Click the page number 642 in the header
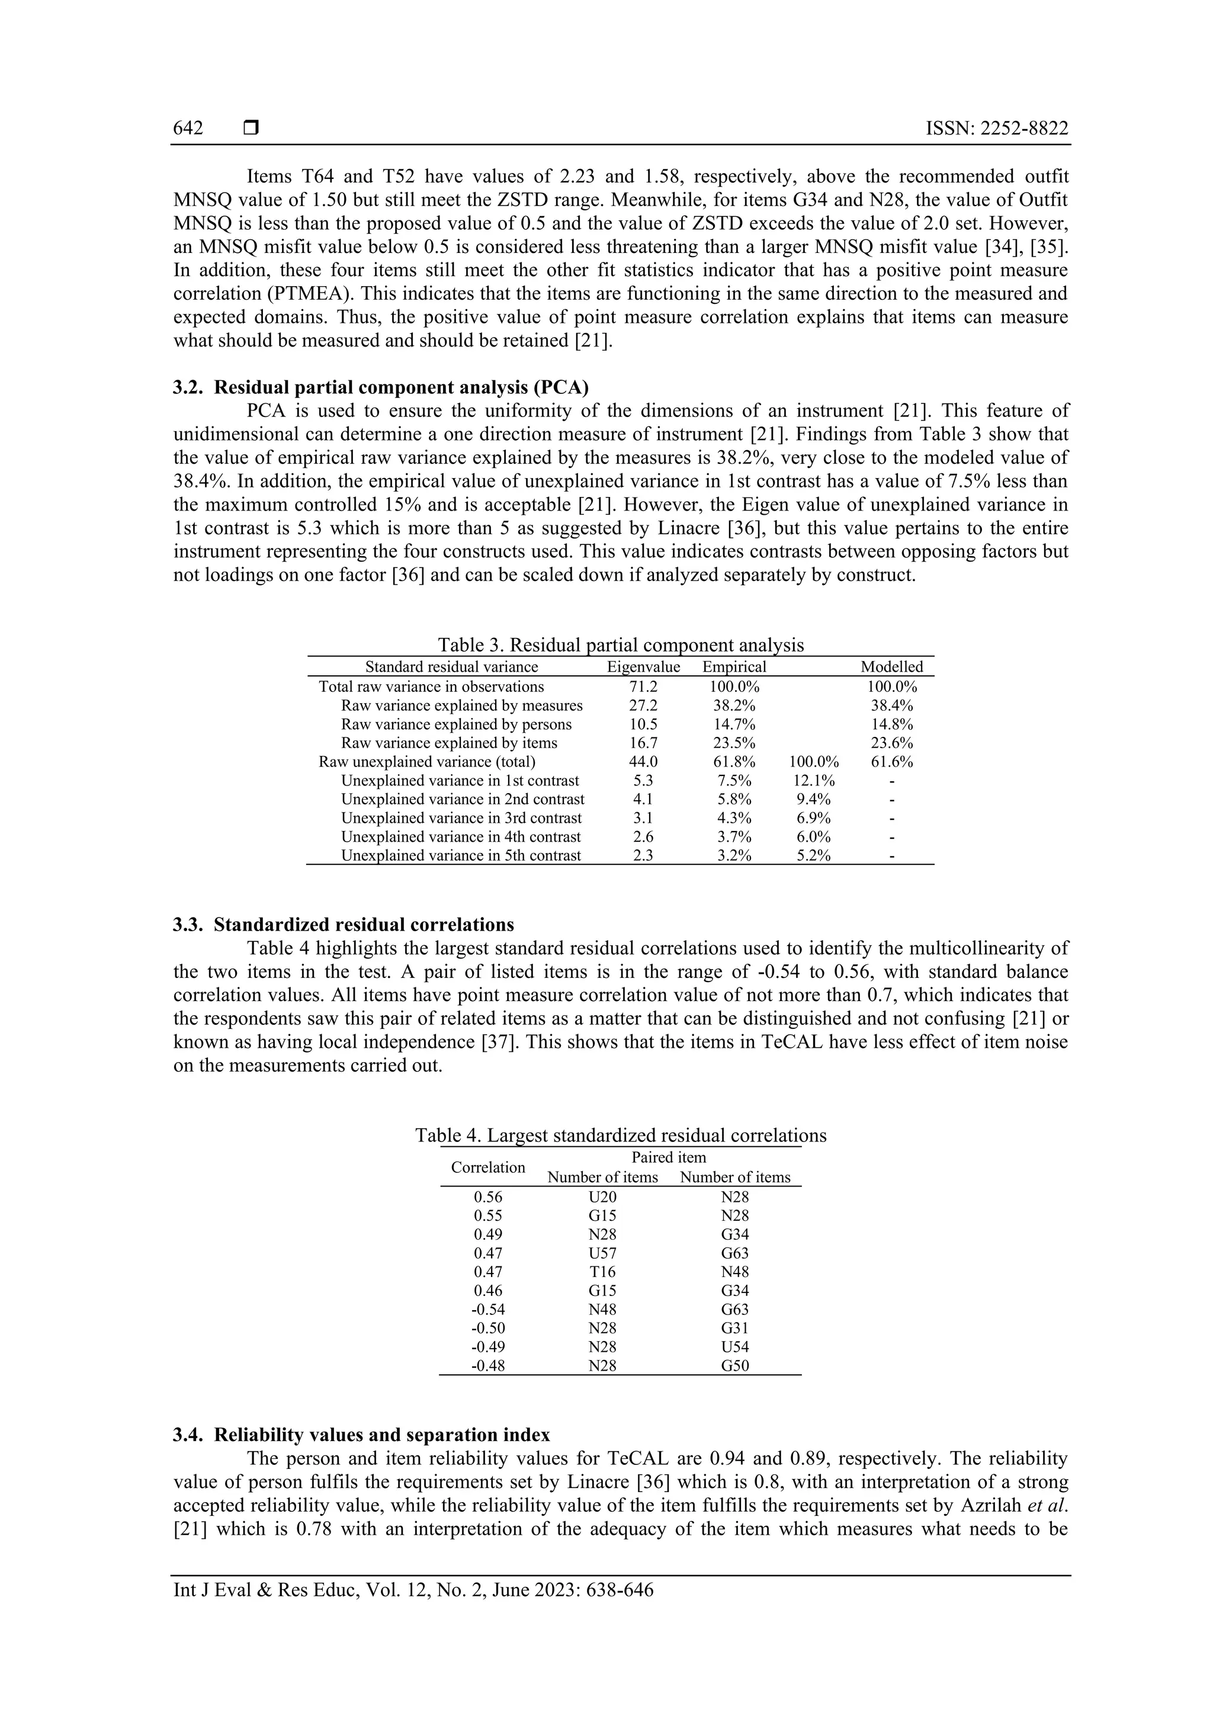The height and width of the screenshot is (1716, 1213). click(x=188, y=129)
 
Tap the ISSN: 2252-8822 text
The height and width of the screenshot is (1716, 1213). click(x=996, y=129)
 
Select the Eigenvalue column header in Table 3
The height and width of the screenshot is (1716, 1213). click(x=643, y=666)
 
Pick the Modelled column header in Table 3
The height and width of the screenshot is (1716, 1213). click(x=891, y=666)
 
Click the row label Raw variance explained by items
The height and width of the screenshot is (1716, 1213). click(x=448, y=743)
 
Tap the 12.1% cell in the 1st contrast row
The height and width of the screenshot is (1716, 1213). click(x=813, y=780)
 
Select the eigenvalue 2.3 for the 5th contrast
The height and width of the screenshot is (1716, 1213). click(x=643, y=856)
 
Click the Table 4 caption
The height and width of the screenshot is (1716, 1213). click(x=620, y=1136)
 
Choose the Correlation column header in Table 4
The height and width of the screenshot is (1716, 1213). click(x=488, y=1167)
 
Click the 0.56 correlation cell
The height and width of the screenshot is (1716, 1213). click(x=488, y=1197)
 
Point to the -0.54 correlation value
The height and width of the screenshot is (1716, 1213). click(x=488, y=1308)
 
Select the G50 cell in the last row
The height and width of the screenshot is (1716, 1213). click(x=734, y=1365)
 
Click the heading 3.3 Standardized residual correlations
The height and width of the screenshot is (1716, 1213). click(x=344, y=925)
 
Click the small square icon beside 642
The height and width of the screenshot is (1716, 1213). click(x=251, y=129)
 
